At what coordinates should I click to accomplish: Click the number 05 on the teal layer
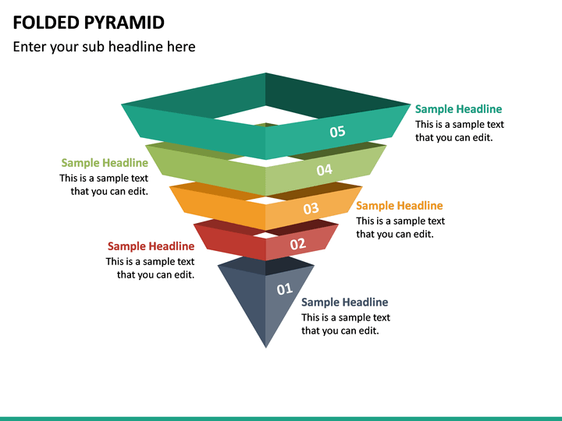tap(337, 132)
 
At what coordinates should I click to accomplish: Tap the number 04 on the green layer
tap(325, 170)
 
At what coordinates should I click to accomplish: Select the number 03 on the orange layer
tap(311, 208)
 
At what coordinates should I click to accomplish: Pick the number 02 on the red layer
tap(298, 244)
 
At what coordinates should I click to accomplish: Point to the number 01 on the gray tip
tap(285, 289)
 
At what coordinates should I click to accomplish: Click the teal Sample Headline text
tap(458, 109)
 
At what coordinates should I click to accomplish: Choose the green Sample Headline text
tap(105, 163)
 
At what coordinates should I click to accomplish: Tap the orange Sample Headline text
tap(399, 206)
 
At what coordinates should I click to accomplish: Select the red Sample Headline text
tap(151, 246)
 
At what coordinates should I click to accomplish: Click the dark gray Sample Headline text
tap(344, 302)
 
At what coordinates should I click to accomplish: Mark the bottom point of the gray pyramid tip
tap(265, 345)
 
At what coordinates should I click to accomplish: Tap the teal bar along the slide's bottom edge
tap(281, 418)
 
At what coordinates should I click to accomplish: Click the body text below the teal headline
tap(459, 131)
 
